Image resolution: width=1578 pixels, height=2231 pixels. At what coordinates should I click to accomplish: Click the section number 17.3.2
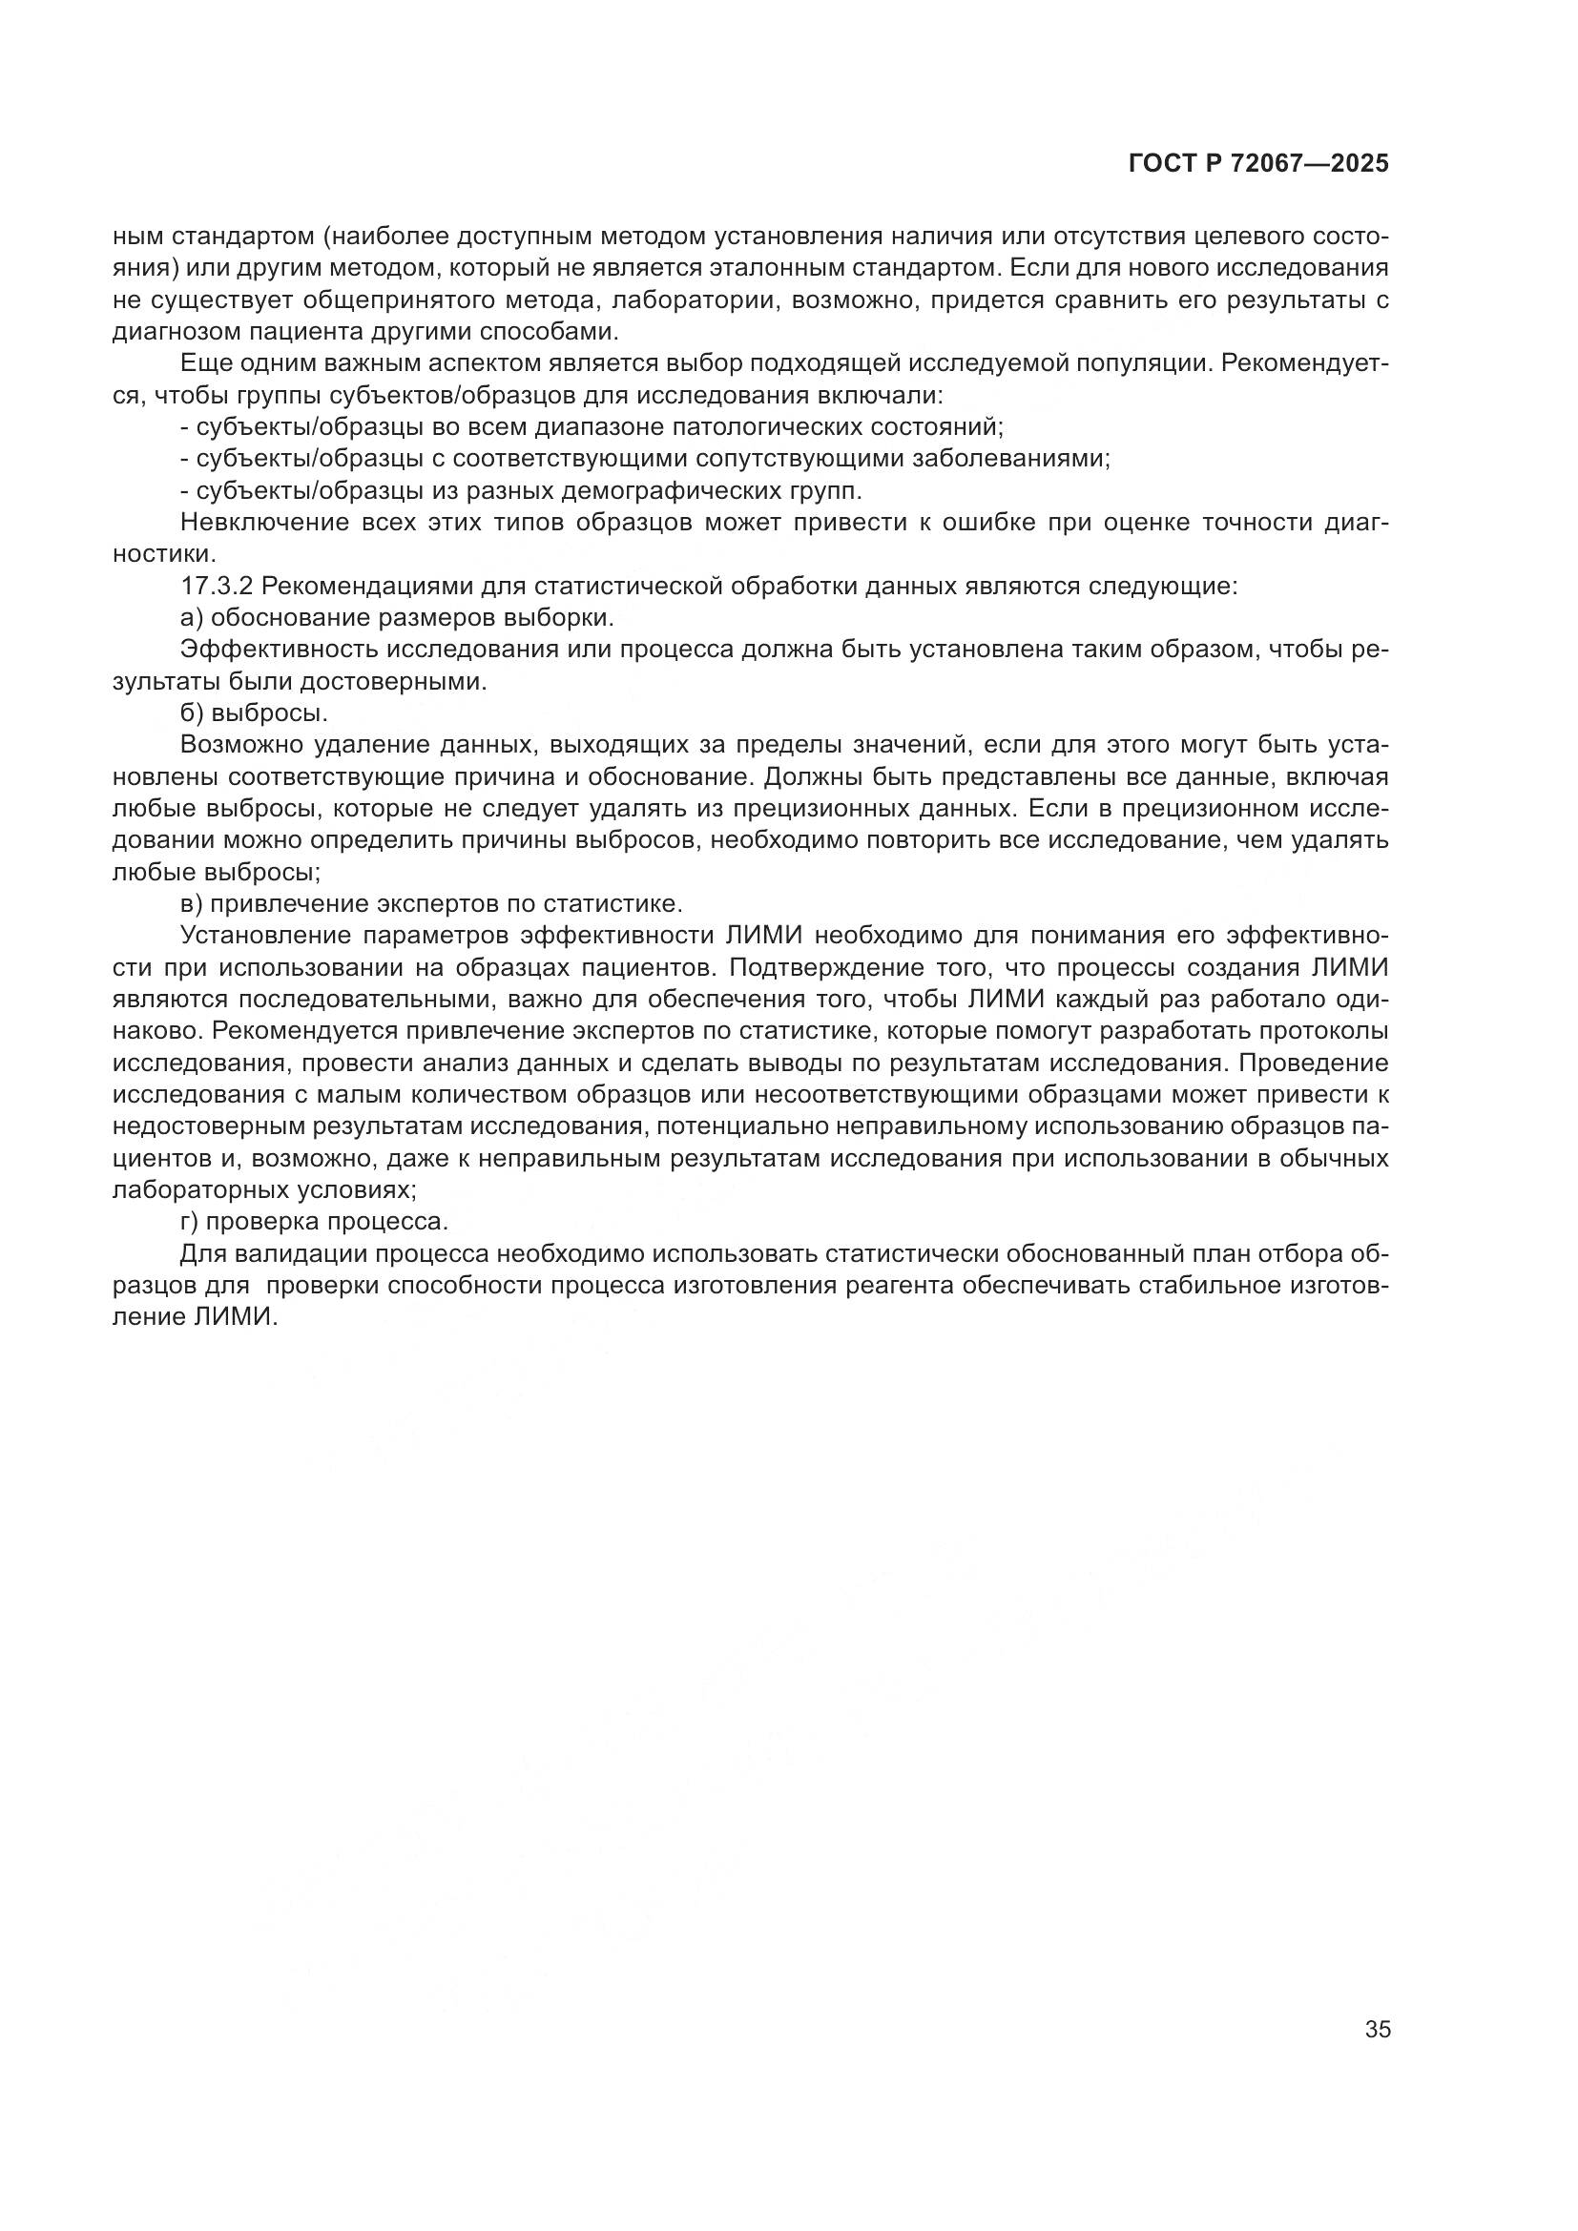[216, 586]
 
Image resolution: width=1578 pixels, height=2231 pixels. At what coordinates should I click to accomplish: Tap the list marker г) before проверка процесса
[191, 1222]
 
